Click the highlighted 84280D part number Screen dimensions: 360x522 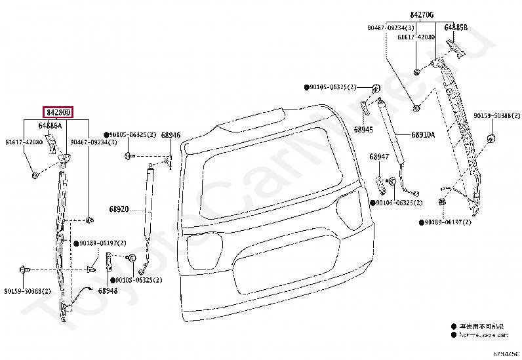point(57,113)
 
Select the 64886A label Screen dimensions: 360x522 point(50,125)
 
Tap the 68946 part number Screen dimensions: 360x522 point(171,135)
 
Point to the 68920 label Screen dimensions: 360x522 point(118,210)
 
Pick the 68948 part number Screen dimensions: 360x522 point(108,290)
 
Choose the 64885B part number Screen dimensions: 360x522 point(456,28)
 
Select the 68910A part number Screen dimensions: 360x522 point(423,135)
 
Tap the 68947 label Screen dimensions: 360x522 point(378,157)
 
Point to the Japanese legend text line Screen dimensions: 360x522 point(481,326)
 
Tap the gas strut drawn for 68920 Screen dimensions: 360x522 point(149,210)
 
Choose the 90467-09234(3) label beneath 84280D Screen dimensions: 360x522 point(93,142)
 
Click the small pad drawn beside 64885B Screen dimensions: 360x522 point(454,47)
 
